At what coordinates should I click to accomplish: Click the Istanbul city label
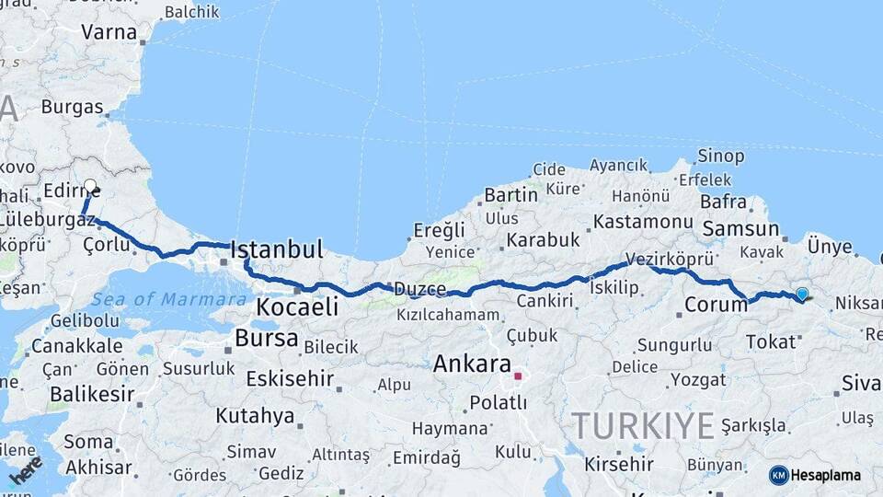point(276,249)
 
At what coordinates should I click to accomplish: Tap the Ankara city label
point(472,364)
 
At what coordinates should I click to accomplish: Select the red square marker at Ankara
point(518,376)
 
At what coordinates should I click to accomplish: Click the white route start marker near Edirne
point(90,185)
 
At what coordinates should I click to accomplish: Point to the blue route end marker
point(802,294)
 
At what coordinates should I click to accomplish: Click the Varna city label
point(109,32)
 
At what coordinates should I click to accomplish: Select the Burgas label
point(72,107)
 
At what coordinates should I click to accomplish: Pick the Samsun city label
point(740,229)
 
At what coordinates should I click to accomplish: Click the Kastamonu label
point(643,222)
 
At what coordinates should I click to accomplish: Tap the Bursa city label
point(266,338)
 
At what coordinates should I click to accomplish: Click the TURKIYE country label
point(642,426)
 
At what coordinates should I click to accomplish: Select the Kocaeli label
point(297,306)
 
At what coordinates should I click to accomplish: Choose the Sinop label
point(720,156)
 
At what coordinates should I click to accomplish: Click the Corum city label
point(715,306)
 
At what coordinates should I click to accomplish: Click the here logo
point(26,469)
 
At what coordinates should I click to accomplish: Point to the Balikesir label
point(86,394)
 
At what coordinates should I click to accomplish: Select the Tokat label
point(770,341)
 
